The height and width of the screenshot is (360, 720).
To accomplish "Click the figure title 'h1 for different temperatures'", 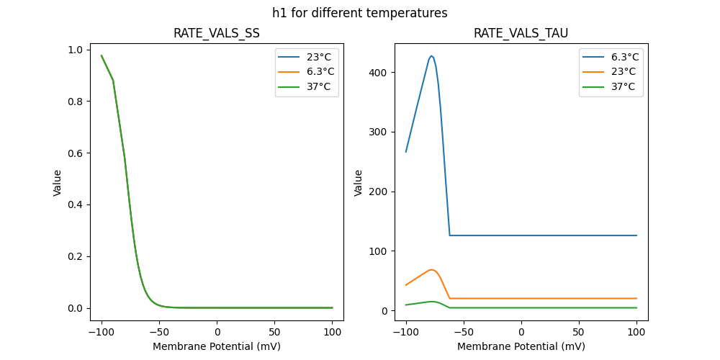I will pyautogui.click(x=359, y=13).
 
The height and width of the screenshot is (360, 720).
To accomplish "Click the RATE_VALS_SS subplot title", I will pyautogui.click(x=217, y=33).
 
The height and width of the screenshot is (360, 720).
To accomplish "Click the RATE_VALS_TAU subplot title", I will pyautogui.click(x=521, y=33).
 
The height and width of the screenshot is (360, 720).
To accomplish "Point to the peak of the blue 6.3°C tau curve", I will pyautogui.click(x=431, y=55).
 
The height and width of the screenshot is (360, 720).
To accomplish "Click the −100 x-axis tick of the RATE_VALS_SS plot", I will pyautogui.click(x=102, y=332).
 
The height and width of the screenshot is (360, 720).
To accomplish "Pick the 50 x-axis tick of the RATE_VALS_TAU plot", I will pyautogui.click(x=579, y=332).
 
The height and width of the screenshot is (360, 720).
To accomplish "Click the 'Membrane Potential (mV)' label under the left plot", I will pyautogui.click(x=217, y=346).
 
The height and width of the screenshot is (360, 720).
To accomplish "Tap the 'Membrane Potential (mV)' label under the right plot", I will pyautogui.click(x=521, y=346).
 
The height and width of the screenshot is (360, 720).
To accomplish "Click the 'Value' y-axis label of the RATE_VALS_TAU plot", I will pyautogui.click(x=359, y=183).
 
